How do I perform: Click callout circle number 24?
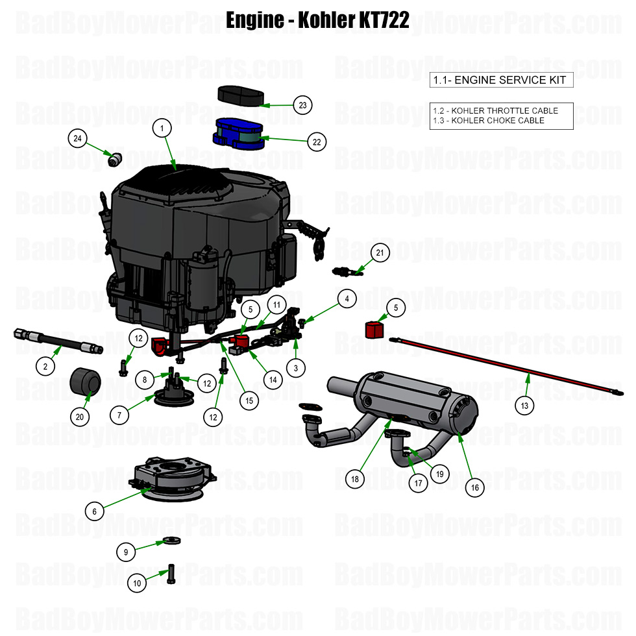point(78,138)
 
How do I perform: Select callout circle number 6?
point(94,511)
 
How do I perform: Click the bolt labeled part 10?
point(171,573)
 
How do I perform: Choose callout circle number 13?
point(524,406)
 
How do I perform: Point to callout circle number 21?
point(380,253)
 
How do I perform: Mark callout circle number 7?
point(118,413)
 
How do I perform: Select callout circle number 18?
point(355,479)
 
